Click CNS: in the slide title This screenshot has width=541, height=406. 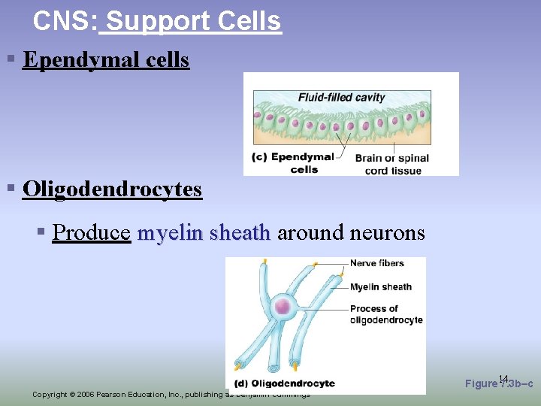(65, 21)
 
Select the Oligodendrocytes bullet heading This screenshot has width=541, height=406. (112, 189)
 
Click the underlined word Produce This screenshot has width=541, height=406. (92, 233)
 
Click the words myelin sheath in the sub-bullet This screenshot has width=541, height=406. (204, 233)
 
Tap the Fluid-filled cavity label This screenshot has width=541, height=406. (341, 97)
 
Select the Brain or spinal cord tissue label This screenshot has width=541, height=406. (392, 164)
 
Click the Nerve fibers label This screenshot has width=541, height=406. (377, 263)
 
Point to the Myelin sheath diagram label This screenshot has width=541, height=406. (381, 286)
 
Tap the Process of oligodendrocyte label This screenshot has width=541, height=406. (386, 314)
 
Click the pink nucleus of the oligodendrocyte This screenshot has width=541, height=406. (283, 306)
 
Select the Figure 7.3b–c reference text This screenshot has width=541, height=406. (499, 383)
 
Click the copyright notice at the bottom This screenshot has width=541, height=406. (171, 394)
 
